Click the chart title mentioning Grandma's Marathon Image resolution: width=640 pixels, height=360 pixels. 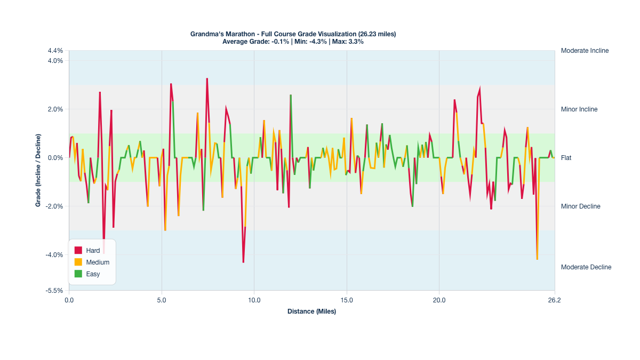293,34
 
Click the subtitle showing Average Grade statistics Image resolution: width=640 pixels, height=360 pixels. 293,42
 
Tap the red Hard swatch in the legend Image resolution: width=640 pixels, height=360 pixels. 78,251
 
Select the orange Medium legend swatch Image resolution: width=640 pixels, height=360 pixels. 78,262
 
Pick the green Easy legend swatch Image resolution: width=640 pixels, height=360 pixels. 78,274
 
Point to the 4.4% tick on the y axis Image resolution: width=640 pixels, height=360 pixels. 55,51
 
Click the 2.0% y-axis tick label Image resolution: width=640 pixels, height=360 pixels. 55,109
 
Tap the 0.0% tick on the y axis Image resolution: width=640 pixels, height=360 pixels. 55,158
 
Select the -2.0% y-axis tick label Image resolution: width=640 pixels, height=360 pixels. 54,206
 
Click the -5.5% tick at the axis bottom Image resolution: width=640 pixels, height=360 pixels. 54,291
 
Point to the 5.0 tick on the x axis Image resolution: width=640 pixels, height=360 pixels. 162,301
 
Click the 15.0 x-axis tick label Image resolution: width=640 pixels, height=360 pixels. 347,301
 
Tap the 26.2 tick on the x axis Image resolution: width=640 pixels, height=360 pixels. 555,301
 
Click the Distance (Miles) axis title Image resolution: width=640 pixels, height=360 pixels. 311,311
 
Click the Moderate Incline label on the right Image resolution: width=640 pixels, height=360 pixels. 585,51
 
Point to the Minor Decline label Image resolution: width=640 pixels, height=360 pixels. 580,206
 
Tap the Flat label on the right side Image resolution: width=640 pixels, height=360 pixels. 566,158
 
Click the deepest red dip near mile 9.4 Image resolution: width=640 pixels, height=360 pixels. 243,262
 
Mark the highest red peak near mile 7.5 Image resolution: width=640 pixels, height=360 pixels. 207,79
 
